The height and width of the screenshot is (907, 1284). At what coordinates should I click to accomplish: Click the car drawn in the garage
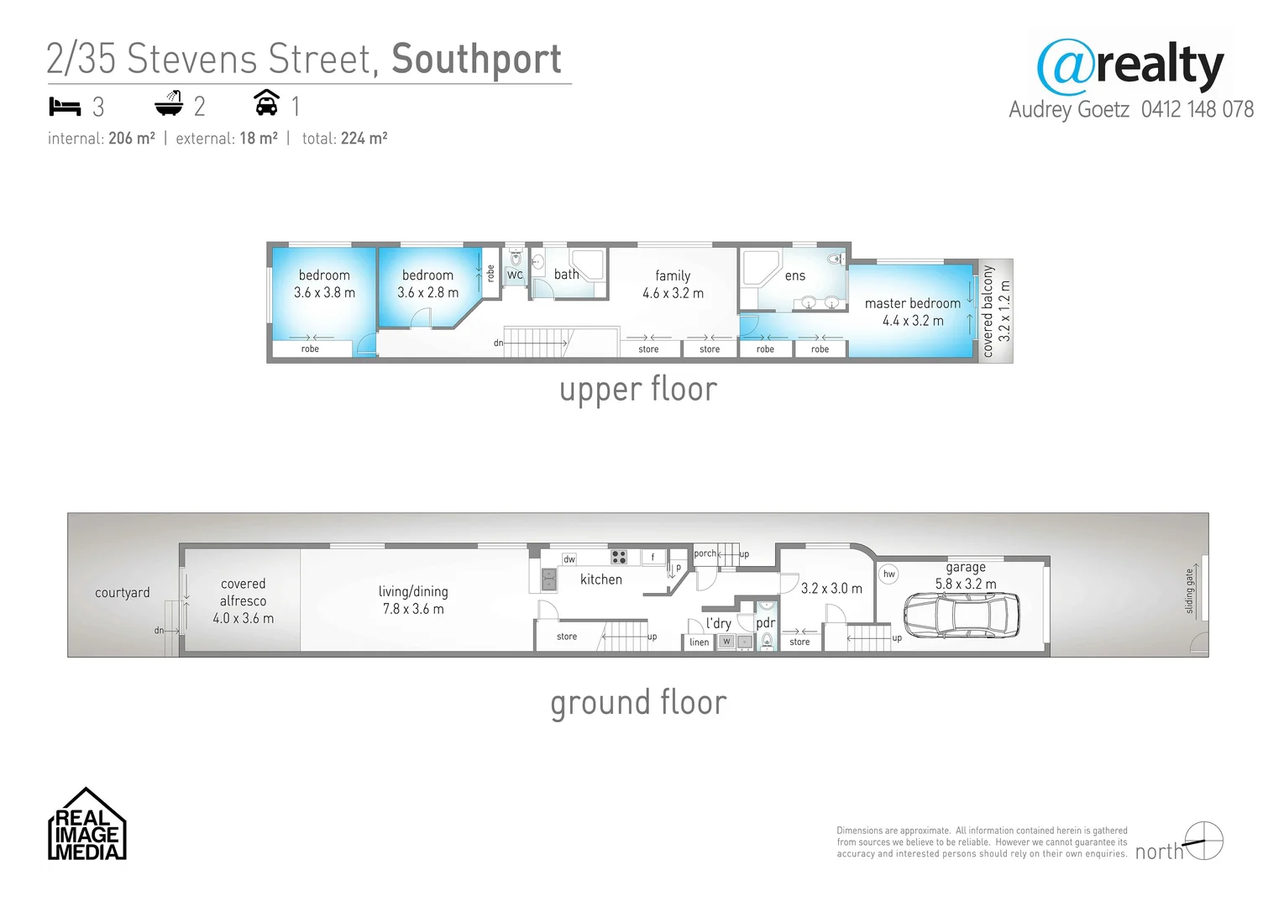click(x=962, y=616)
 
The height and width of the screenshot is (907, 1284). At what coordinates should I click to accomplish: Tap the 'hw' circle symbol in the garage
click(x=888, y=574)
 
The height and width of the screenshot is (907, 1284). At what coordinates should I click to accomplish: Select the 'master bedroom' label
click(x=912, y=303)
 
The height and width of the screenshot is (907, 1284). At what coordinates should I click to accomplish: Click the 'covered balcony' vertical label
click(x=988, y=311)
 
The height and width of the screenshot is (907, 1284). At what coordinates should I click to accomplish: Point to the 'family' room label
click(x=673, y=275)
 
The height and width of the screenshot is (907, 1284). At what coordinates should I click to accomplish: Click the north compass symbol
click(x=1203, y=841)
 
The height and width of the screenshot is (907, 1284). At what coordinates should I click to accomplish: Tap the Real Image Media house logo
click(x=86, y=825)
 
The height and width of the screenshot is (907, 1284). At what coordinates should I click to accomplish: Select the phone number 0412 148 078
click(x=1197, y=110)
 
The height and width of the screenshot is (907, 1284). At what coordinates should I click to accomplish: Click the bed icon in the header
click(x=65, y=107)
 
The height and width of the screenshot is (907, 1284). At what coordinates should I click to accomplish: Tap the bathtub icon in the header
click(x=169, y=104)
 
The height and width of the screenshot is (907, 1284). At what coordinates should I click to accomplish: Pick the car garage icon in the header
click(x=266, y=103)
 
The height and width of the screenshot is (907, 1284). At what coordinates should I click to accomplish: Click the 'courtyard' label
click(x=123, y=593)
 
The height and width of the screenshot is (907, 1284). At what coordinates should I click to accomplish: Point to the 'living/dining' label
click(x=413, y=591)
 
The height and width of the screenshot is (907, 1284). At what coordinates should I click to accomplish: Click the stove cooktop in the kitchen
click(x=619, y=557)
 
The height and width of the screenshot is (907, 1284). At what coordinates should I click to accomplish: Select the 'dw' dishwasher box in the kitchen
click(x=569, y=559)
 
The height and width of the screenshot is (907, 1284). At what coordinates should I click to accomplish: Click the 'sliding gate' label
click(x=1189, y=591)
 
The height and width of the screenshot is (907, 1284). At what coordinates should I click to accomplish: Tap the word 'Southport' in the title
click(x=476, y=60)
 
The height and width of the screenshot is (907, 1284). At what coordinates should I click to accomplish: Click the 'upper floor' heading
click(x=638, y=390)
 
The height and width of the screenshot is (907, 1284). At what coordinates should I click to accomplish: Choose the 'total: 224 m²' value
click(x=344, y=139)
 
